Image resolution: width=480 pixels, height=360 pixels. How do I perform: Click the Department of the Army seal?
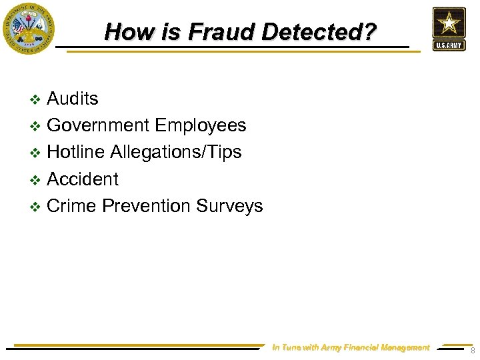click(28, 28)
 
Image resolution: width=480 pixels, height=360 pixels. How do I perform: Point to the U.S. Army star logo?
click(449, 29)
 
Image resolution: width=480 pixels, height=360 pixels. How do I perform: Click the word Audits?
click(73, 99)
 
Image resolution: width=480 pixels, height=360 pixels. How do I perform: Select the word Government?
click(99, 125)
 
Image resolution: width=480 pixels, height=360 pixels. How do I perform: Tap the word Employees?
click(201, 125)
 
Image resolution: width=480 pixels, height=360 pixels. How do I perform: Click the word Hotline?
click(76, 152)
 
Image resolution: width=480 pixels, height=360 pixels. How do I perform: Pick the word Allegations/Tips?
click(176, 152)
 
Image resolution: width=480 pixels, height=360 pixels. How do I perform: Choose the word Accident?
click(83, 179)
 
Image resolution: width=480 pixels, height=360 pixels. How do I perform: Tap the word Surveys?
click(229, 206)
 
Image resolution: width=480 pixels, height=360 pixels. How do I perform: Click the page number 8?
click(472, 351)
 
